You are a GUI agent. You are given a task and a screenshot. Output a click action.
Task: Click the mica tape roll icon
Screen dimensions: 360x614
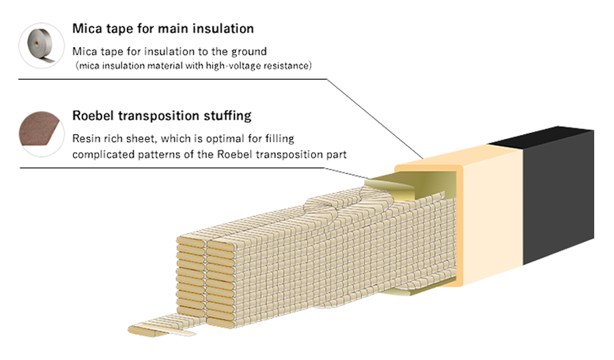pos(42,46)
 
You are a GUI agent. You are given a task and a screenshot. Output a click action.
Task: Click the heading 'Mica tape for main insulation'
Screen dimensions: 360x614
pos(163,29)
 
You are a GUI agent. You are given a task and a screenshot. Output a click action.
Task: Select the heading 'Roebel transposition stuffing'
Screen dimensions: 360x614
pos(162,115)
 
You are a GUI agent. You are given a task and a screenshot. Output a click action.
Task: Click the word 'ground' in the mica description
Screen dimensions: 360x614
pos(249,51)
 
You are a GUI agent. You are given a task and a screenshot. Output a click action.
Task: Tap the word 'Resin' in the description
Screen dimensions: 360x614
pos(85,138)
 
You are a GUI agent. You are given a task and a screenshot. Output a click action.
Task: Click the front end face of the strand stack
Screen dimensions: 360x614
pos(205,273)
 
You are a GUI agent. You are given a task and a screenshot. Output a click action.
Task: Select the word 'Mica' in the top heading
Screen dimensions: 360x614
pos(87,29)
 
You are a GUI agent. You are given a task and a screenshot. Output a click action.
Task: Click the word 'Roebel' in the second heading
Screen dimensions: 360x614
pos(94,115)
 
